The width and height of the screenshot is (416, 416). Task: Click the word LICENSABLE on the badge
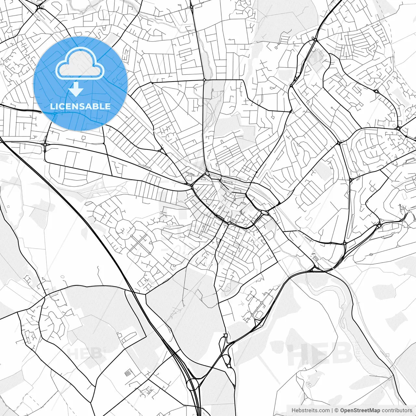pos(80,106)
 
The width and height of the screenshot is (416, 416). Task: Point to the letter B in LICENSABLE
pos(97,106)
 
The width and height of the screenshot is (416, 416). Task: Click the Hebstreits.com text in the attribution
pos(310,410)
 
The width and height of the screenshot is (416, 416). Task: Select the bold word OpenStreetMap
pos(360,410)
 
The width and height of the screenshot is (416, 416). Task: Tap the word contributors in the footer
pos(397,410)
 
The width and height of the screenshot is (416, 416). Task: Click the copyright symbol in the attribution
pos(337,410)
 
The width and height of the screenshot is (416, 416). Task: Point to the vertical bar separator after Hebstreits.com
pos(332,410)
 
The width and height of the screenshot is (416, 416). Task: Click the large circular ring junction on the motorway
pos(193,384)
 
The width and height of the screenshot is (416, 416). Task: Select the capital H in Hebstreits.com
pos(293,410)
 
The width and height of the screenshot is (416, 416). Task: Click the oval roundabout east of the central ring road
pos(265,213)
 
